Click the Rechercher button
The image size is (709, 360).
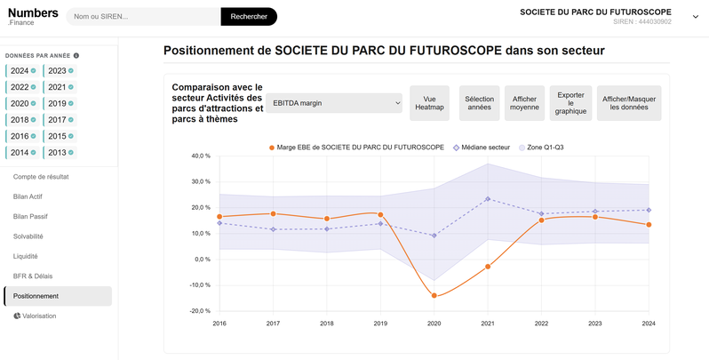click(x=249, y=17)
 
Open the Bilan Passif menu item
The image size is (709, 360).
click(x=30, y=217)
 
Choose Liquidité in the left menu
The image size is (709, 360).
click(x=25, y=256)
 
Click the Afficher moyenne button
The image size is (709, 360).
click(x=524, y=103)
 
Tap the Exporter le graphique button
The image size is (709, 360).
click(x=570, y=103)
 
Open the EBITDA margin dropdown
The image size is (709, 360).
click(x=334, y=103)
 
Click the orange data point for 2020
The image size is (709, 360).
click(x=434, y=296)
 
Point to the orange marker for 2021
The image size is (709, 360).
click(x=488, y=267)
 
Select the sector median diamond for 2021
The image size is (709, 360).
click(x=488, y=199)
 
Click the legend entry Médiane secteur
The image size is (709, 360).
click(x=482, y=148)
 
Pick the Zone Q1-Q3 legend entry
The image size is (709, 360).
click(x=541, y=148)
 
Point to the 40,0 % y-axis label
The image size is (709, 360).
click(x=201, y=156)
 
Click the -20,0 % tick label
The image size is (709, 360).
click(x=200, y=311)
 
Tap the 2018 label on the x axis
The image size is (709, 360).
click(x=326, y=324)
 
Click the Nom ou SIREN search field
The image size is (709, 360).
click(x=144, y=17)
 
